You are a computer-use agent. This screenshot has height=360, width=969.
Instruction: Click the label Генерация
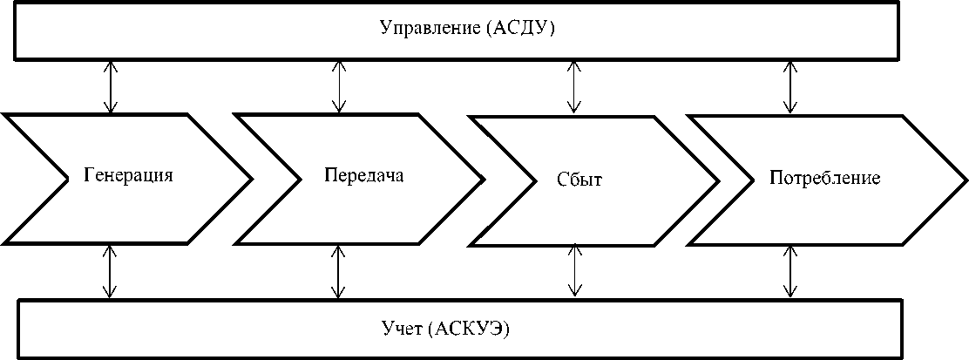129,173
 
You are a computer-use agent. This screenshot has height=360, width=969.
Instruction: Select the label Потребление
825,178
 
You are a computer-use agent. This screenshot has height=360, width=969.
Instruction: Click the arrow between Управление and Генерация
111,87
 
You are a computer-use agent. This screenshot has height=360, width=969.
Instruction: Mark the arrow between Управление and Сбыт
574,87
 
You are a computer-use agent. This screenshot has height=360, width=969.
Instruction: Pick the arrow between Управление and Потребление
789,87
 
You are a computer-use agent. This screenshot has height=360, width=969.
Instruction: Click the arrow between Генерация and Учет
110,271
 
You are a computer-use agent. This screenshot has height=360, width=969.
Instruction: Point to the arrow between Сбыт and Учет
574,271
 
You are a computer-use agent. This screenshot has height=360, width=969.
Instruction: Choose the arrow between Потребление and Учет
789,271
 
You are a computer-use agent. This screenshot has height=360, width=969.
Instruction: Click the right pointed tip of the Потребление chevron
965,180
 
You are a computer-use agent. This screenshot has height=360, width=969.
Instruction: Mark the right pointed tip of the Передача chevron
482,179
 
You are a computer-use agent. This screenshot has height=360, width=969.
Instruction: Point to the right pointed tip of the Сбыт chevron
717,182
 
